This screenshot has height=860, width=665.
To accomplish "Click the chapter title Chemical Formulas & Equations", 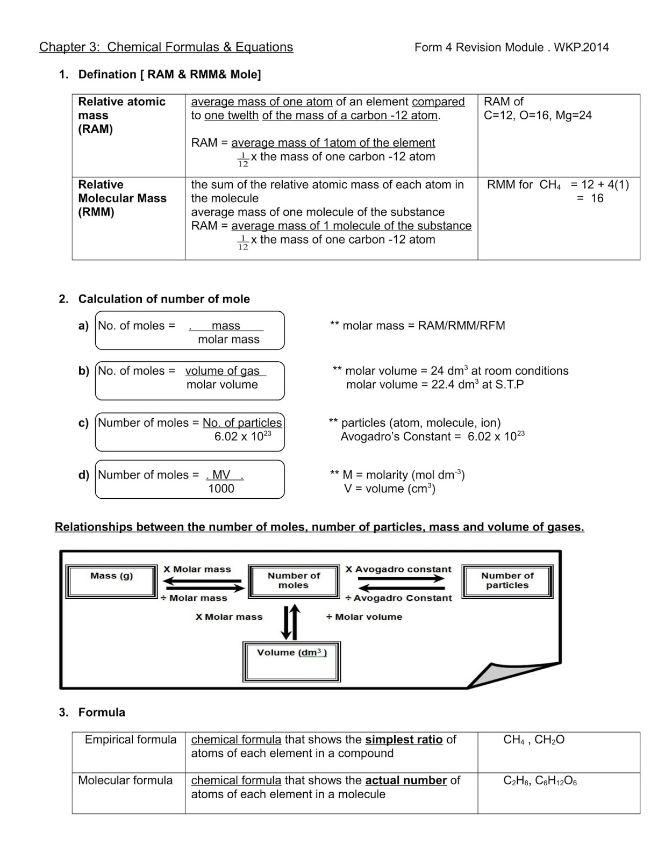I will tap(200, 47).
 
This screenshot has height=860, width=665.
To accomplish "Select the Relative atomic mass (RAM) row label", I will tap(121, 115).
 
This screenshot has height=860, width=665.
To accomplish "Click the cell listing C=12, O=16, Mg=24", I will tap(537, 115).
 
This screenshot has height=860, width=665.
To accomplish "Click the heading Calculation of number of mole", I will tap(164, 299).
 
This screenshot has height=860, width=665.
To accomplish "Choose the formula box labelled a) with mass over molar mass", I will tap(190, 331).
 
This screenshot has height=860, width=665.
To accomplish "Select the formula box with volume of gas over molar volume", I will tap(190, 381).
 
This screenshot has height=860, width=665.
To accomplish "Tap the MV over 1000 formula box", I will tap(190, 479).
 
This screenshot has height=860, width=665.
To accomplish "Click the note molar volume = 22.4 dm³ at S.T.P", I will tap(434, 385).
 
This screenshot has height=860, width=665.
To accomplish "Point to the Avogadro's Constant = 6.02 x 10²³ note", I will tap(432, 436).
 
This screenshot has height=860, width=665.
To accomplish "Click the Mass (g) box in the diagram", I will tap(111, 581).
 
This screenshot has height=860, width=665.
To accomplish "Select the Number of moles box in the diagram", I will tap(294, 580).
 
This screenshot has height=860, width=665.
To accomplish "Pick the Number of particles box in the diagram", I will tap(507, 580).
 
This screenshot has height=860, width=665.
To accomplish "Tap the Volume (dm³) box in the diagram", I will tap(292, 661).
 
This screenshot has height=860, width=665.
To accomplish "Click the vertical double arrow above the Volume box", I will tap(290, 622).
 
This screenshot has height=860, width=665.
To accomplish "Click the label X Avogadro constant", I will tap(398, 569).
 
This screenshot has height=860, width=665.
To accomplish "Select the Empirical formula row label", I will tap(130, 740).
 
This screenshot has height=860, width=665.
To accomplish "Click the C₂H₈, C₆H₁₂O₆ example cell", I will tap(540, 780).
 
